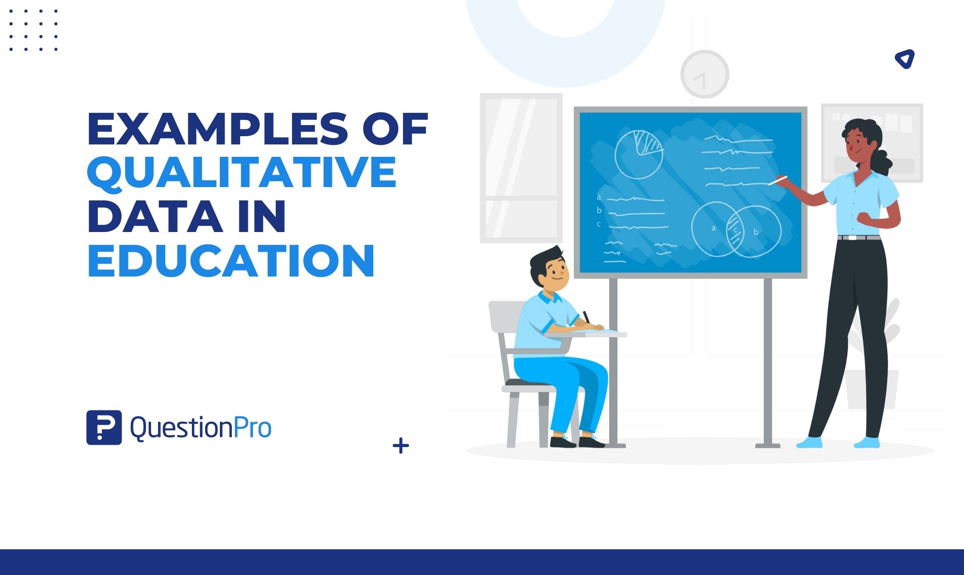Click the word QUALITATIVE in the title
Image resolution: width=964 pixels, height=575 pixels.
tap(242, 172)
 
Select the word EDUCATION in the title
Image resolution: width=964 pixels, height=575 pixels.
tap(231, 260)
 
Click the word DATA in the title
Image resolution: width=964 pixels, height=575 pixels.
tap(155, 216)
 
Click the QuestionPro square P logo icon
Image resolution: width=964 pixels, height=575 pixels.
tap(104, 427)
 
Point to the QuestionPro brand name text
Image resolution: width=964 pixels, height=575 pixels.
tap(201, 428)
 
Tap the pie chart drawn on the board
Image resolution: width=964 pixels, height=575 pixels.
tap(639, 155)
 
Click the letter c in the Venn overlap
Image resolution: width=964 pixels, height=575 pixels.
tap(735, 230)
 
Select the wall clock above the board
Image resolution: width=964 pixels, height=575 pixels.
tap(705, 74)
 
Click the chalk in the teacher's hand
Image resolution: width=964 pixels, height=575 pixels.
tap(778, 180)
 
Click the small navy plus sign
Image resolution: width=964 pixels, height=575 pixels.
tap(401, 446)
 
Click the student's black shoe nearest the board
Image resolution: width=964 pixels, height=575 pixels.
tap(591, 442)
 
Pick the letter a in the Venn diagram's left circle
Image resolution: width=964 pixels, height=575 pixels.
tap(713, 228)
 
